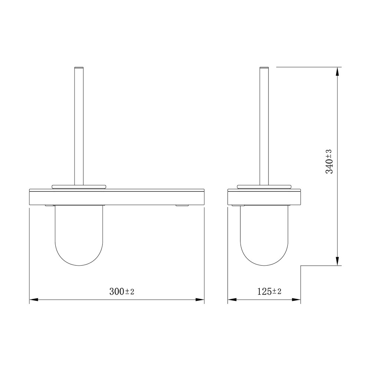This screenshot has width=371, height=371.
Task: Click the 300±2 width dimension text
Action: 122,291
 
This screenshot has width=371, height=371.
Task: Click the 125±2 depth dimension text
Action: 269,291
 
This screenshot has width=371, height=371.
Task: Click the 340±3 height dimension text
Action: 329,162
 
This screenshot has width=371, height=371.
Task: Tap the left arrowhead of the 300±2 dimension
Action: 34,299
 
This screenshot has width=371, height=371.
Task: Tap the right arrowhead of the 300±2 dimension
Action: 200,299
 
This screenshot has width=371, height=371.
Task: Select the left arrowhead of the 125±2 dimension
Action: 232,299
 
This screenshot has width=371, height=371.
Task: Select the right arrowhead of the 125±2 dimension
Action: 296,299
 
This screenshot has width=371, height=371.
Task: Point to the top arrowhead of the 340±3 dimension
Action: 337,72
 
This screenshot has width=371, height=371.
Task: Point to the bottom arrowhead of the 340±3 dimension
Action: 337,261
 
